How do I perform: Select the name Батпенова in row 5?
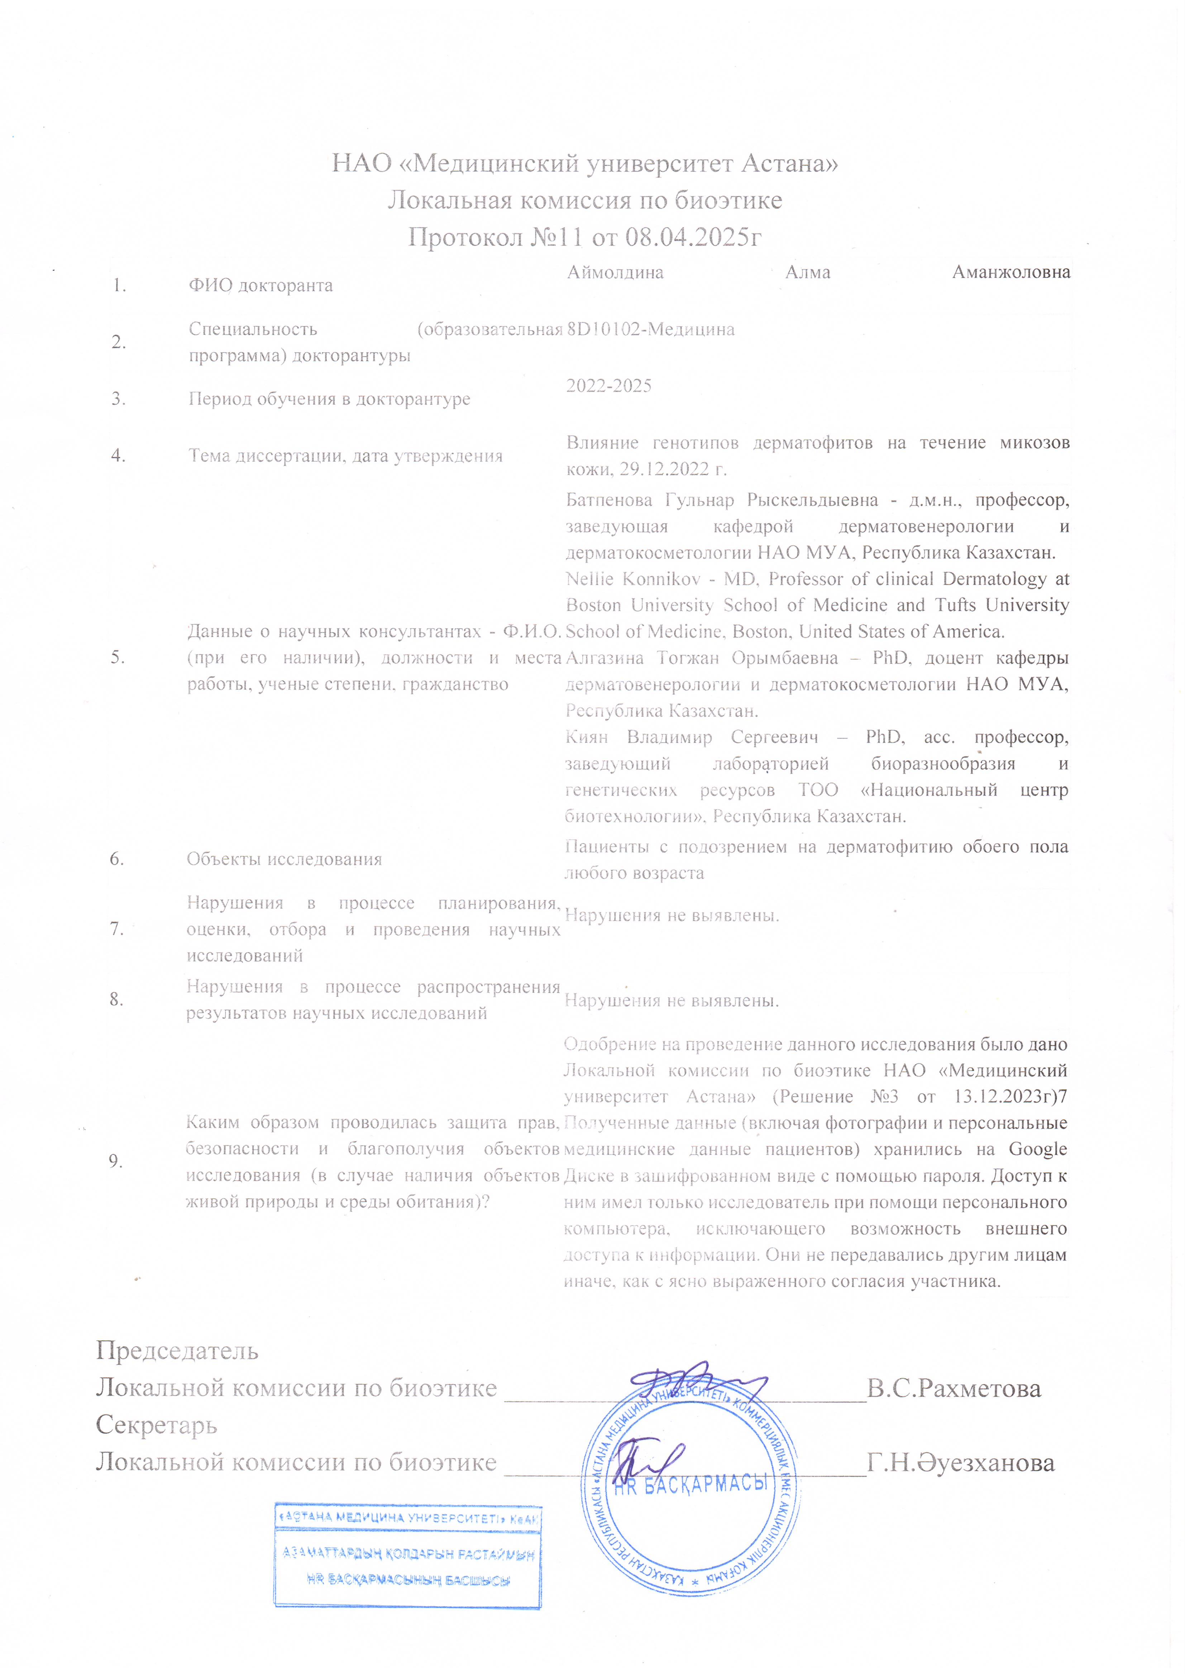click(x=609, y=500)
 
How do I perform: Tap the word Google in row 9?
click(x=1037, y=1149)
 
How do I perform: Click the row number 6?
click(x=117, y=859)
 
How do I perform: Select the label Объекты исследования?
click(x=284, y=859)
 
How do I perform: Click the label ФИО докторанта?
click(x=261, y=285)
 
